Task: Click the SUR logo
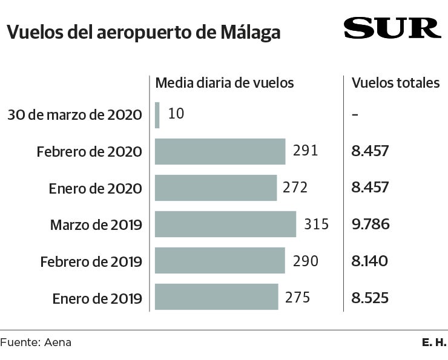click(x=392, y=28)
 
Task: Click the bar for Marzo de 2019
click(x=225, y=224)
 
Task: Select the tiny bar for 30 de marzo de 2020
click(x=157, y=115)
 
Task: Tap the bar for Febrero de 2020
click(x=220, y=151)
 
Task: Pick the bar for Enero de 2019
click(x=217, y=297)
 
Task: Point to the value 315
click(x=315, y=224)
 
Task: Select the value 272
click(x=295, y=188)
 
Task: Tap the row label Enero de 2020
click(x=96, y=189)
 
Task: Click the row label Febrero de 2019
click(x=91, y=262)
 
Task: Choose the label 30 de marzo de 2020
click(x=75, y=115)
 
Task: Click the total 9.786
click(x=370, y=224)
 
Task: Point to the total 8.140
click(x=370, y=261)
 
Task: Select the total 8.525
click(x=370, y=298)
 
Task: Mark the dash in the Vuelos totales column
click(x=355, y=115)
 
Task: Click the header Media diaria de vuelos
click(x=225, y=83)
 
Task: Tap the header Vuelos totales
click(x=396, y=83)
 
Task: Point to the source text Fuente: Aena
click(x=36, y=342)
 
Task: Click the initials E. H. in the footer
click(x=434, y=342)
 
